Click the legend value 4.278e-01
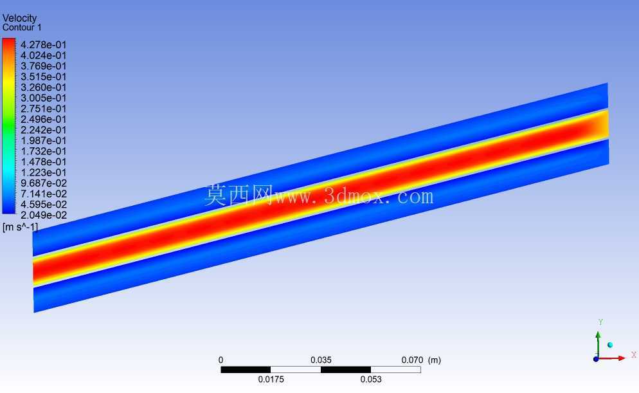coord(43,45)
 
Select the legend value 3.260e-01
coord(43,87)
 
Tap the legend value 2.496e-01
coord(43,119)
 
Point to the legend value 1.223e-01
coord(43,172)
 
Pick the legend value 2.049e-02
coord(43,215)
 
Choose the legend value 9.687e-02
coord(43,183)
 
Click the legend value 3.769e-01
coord(43,66)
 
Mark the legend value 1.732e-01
coord(43,151)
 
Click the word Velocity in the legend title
coord(19,19)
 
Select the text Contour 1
coord(22,28)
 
